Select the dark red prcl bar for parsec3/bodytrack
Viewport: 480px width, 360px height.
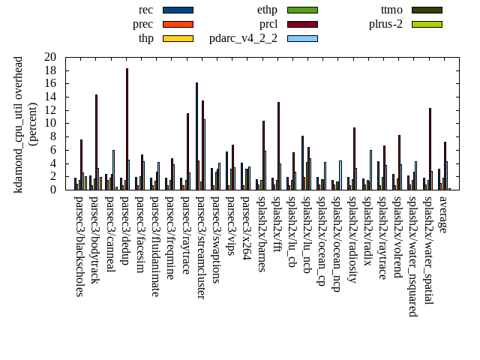coord(96,142)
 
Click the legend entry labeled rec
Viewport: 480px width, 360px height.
coord(145,10)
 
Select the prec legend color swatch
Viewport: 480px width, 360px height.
coord(178,24)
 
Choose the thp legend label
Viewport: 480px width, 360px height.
coord(145,38)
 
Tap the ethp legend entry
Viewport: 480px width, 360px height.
coord(267,10)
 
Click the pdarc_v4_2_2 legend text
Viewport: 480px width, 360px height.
coord(243,38)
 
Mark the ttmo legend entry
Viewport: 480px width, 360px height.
coord(391,10)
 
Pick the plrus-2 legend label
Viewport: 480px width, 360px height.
coord(385,24)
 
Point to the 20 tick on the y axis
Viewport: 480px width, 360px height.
coord(50,57)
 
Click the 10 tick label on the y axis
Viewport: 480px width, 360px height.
coord(50,124)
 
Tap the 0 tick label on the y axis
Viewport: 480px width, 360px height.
coord(53,190)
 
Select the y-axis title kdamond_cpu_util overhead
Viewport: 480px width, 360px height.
coord(19,124)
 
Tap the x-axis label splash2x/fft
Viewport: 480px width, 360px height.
coord(276,228)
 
